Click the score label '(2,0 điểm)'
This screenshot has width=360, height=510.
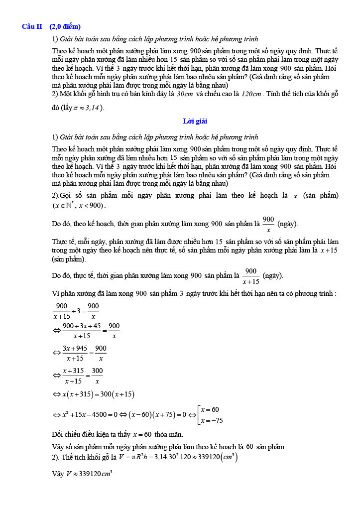pos(65,26)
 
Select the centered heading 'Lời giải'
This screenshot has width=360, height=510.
pos(195,121)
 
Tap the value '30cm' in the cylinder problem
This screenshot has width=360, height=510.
pos(185,94)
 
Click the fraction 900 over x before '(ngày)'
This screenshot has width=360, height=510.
pos(268,224)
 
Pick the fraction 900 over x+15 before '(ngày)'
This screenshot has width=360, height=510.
pos(250,276)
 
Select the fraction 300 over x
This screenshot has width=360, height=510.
pos(97,376)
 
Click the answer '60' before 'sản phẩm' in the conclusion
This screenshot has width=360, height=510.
pos(249,447)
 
